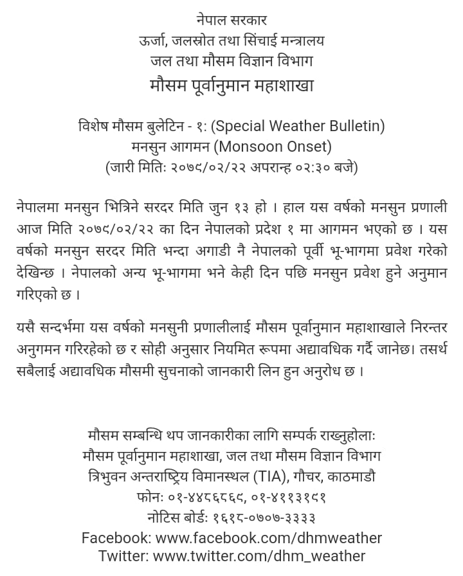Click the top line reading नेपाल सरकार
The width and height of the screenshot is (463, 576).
[x=232, y=21]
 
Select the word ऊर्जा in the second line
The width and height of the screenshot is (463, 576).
[x=154, y=41]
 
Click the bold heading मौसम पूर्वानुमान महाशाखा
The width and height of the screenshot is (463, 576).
[x=232, y=85]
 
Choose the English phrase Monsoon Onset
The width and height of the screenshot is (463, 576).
[x=273, y=147]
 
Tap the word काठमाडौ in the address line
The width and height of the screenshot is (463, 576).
[x=351, y=477]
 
